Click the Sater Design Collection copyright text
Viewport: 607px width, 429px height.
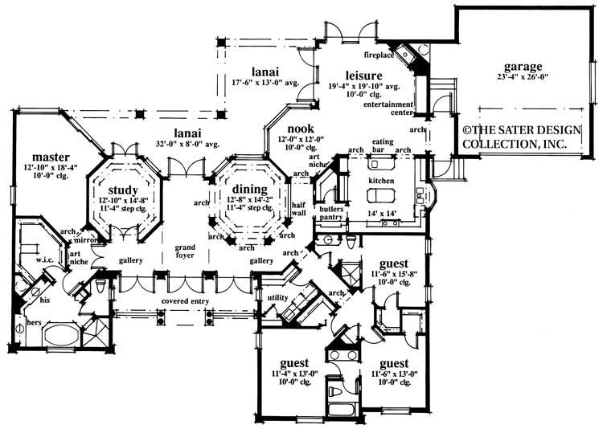[x=515, y=136]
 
